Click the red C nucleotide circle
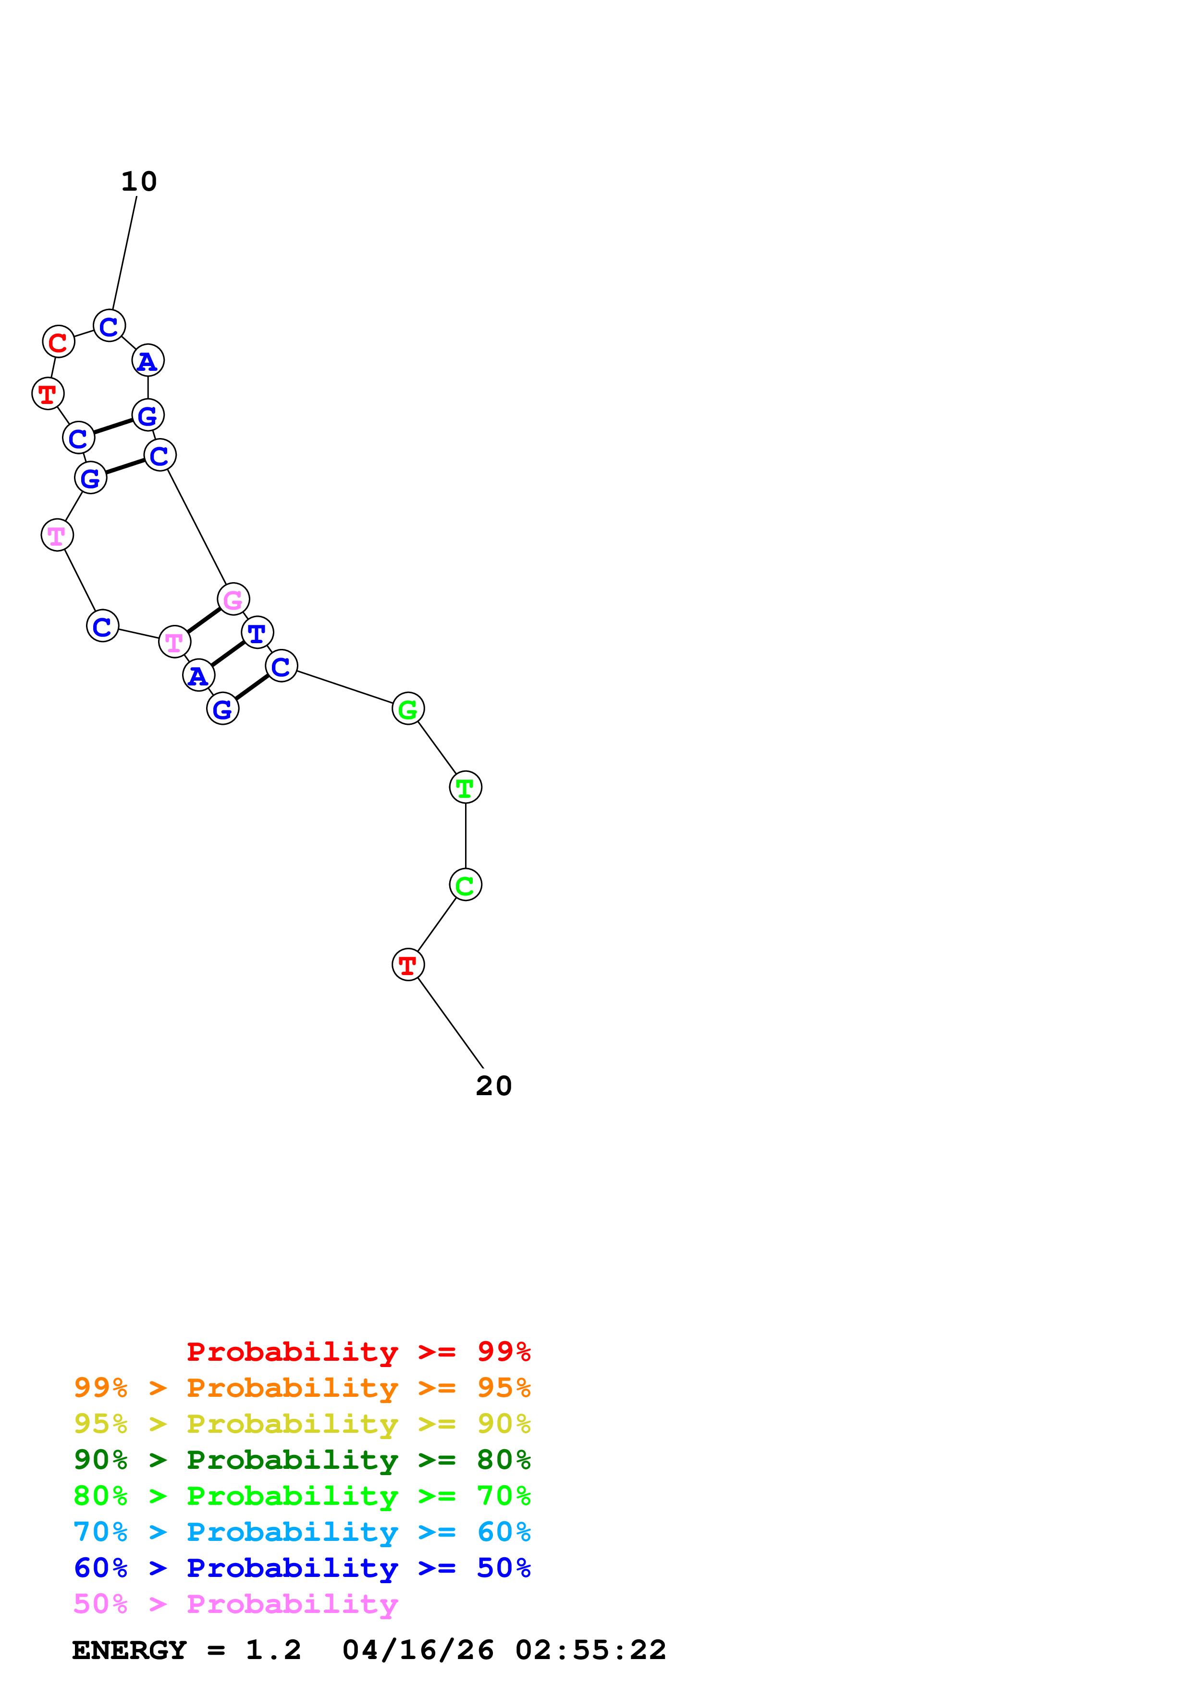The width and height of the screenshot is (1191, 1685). (59, 342)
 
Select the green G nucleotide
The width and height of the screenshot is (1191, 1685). (408, 709)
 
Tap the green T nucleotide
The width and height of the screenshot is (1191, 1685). (465, 787)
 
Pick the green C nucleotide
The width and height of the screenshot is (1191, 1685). (465, 885)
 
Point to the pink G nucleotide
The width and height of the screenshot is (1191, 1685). (233, 599)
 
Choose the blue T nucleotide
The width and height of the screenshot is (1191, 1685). (257, 633)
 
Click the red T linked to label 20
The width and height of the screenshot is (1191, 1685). (408, 965)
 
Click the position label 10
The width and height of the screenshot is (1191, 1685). (139, 181)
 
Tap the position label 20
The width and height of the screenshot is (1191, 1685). (493, 1086)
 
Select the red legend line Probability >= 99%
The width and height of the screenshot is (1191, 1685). (358, 1352)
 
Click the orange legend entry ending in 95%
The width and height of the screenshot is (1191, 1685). (302, 1388)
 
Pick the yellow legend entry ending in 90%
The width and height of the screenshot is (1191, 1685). (302, 1424)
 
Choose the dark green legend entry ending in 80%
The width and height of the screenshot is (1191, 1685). (302, 1460)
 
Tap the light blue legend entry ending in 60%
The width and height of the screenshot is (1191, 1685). (302, 1532)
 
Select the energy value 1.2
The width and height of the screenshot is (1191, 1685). (273, 1650)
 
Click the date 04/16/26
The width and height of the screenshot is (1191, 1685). (417, 1650)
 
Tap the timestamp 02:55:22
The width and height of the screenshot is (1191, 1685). (591, 1650)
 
